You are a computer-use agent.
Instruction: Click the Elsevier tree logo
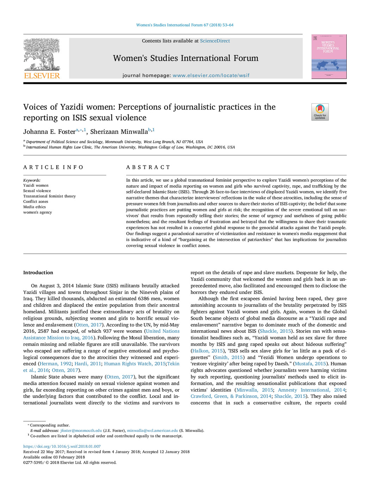[42, 54]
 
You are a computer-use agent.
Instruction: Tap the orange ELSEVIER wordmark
[42, 76]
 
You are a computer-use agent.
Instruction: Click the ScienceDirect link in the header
[215, 41]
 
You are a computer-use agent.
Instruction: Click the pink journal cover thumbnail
[329, 56]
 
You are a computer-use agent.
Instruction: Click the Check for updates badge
[320, 112]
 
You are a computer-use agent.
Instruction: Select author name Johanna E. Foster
[49, 132]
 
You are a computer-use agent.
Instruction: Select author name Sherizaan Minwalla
[119, 132]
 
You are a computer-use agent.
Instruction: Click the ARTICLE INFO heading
[53, 167]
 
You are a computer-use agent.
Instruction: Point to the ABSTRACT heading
[148, 167]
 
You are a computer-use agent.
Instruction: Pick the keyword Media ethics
[35, 207]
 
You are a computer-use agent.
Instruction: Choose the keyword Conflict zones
[36, 201]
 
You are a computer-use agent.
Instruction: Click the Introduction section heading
[38, 272]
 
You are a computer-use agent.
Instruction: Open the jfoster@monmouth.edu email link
[81, 430]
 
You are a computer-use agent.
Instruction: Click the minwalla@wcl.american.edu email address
[152, 430]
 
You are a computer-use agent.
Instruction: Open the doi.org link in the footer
[62, 446]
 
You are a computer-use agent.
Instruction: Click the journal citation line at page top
[185, 25]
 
